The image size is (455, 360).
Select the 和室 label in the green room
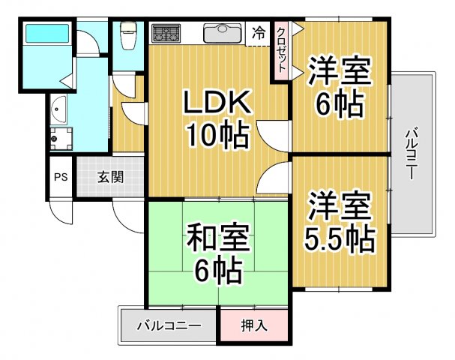click(214, 238)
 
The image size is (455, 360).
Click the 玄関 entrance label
click(110, 178)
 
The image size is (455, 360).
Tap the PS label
click(61, 178)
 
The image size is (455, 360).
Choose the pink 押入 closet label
click(254, 326)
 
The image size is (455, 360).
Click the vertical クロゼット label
click(281, 49)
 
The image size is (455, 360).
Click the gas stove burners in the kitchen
click(166, 34)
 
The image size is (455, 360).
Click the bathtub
click(46, 35)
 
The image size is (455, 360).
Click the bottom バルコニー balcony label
click(169, 326)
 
